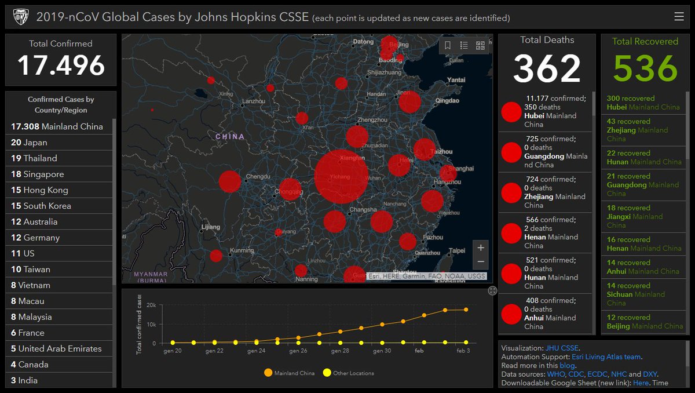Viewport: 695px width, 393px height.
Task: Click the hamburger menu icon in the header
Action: (679, 17)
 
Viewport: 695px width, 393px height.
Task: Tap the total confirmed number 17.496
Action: (61, 65)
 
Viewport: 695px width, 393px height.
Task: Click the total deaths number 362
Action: (547, 69)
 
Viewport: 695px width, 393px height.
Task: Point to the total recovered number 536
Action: (645, 69)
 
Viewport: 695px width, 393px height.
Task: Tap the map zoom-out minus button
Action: (481, 261)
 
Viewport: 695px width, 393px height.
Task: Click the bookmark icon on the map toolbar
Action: (448, 46)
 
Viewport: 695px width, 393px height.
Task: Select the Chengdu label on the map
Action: (258, 177)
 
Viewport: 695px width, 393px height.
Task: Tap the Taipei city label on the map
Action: (457, 251)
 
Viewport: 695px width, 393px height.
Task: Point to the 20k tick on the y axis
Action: (151, 305)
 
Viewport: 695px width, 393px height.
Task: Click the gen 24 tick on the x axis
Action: (257, 351)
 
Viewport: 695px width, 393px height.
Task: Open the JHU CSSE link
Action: (562, 348)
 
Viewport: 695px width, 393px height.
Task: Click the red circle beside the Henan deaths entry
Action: (511, 233)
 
